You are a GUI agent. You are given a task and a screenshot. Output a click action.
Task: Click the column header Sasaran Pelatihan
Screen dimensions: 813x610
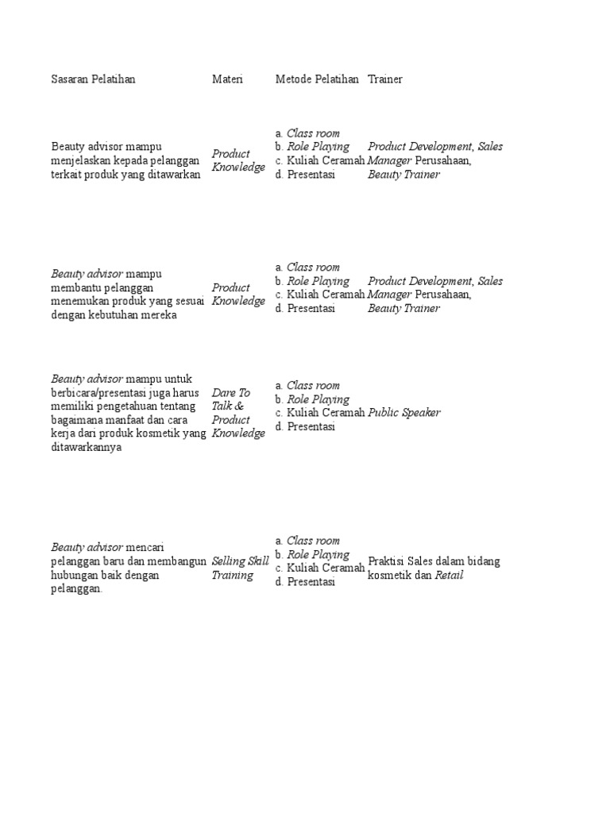(93, 79)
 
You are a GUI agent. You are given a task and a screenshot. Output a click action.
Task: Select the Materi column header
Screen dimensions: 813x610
(227, 79)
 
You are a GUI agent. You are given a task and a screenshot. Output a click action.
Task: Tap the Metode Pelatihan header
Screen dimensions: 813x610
(317, 79)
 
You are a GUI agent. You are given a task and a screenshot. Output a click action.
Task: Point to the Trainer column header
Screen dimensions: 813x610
(385, 79)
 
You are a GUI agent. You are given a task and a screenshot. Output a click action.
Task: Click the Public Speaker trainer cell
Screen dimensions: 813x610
(403, 413)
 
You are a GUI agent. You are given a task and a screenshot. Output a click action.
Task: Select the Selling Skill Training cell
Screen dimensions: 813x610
(240, 568)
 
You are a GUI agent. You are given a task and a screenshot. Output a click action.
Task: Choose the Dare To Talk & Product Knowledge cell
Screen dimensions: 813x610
(237, 413)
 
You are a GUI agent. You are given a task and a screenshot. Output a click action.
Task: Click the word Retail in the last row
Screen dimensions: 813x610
(449, 576)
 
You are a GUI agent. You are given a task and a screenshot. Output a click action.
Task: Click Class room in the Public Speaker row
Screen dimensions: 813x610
(313, 386)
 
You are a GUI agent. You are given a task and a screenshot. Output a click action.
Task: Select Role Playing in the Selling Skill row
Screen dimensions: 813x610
(318, 555)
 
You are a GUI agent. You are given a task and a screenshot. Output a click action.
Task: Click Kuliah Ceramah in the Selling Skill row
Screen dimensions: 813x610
(326, 568)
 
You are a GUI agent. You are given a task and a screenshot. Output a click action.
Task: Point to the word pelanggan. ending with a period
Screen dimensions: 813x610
(76, 590)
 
